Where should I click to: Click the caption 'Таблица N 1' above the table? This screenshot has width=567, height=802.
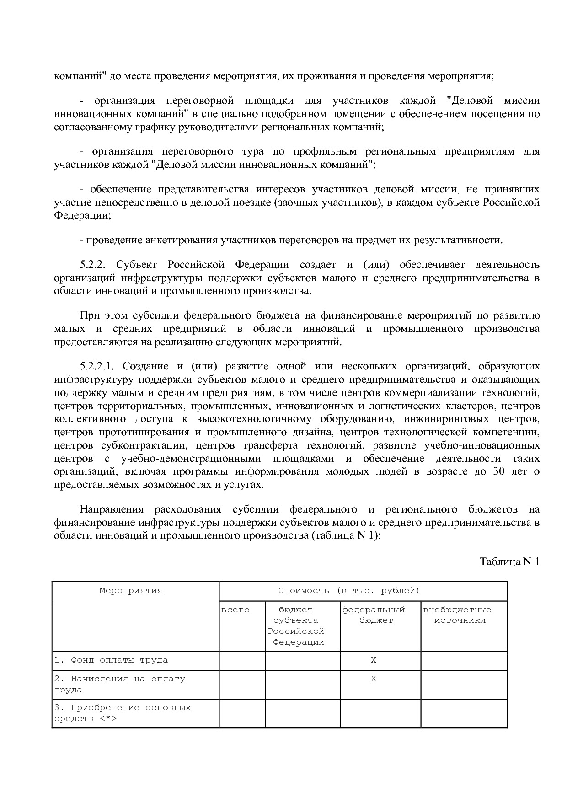coord(509,561)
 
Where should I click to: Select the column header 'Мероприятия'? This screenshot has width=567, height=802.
coord(131,590)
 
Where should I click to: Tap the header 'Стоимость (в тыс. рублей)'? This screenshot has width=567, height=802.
coord(349,590)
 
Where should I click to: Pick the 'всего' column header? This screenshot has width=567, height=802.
coord(235,610)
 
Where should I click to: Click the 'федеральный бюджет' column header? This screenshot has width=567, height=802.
coord(374,615)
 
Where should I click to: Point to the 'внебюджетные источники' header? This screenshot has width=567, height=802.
coord(458,615)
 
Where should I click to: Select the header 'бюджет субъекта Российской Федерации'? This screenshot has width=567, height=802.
coord(296,626)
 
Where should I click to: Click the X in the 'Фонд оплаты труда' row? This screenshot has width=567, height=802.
coord(374,660)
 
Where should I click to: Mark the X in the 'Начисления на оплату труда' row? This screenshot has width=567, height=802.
coord(374,679)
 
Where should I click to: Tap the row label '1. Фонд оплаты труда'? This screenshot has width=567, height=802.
coord(111,660)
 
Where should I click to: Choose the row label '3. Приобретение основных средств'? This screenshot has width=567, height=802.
coord(122,713)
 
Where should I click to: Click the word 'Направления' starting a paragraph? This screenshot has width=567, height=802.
coord(112,509)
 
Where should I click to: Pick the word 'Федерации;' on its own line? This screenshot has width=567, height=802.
coord(82,215)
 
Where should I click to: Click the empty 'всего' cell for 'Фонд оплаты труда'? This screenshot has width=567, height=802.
coord(242,661)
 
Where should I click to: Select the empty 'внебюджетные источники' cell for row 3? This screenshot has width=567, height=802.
coord(464,713)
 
